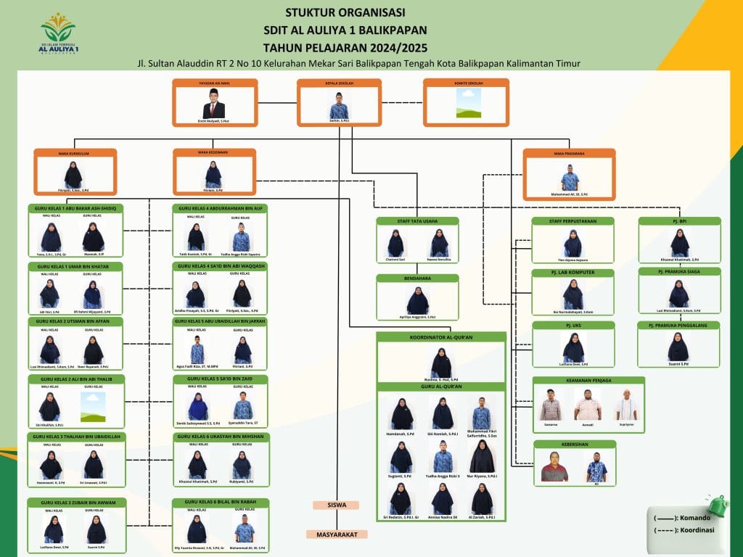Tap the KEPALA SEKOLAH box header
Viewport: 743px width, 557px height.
340,83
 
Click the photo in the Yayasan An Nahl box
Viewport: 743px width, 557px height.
213,103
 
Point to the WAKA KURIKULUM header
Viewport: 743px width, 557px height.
74,153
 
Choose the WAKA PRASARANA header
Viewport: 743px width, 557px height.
569,153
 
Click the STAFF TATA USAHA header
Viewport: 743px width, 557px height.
417,221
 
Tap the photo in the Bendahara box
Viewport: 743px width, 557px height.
417,299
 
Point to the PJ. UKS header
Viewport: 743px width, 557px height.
573,326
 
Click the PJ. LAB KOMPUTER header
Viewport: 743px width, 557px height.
573,273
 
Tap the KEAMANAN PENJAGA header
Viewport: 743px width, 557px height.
588,380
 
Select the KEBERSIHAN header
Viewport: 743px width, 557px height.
575,444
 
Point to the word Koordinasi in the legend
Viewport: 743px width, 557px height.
696,530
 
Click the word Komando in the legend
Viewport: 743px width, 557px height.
694,518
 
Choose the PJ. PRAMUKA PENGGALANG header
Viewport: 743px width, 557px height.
678,326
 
